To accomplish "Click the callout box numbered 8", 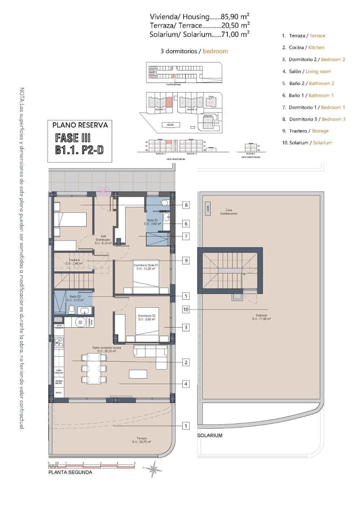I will [186, 205].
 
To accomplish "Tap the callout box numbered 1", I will [186, 425].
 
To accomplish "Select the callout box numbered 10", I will [186, 309].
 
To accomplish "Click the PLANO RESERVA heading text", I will [80, 125].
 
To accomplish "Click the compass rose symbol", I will [154, 469].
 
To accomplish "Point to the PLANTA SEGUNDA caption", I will [70, 472].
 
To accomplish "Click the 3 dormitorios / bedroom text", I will [194, 51].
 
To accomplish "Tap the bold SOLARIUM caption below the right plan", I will [210, 436].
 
